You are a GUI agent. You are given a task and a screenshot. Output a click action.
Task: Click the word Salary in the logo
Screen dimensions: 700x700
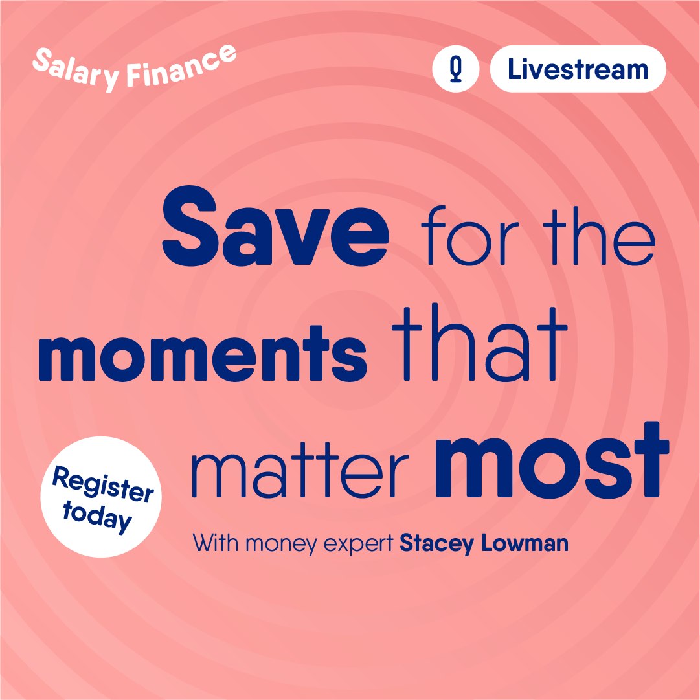click(x=76, y=69)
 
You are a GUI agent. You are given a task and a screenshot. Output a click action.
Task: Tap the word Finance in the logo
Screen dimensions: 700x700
click(x=181, y=66)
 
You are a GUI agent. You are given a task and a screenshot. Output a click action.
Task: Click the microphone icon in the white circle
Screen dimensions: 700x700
click(x=455, y=69)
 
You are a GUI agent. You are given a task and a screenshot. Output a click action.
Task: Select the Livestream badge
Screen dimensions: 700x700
click(x=578, y=69)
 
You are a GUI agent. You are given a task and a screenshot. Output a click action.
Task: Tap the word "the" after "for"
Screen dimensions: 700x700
click(x=599, y=236)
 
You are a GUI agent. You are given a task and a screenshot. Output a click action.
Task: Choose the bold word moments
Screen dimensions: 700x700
click(x=203, y=354)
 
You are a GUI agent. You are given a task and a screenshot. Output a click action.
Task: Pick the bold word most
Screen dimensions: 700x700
click(x=552, y=460)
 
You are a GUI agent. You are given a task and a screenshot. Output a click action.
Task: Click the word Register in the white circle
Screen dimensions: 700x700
click(x=103, y=484)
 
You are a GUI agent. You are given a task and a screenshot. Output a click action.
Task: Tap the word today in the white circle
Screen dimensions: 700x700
click(x=97, y=517)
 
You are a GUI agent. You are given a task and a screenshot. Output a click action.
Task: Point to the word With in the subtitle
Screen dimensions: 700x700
click(x=215, y=543)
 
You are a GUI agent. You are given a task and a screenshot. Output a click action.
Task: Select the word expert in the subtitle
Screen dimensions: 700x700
click(x=358, y=545)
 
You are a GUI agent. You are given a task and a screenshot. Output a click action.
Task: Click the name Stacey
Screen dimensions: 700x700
click(x=436, y=544)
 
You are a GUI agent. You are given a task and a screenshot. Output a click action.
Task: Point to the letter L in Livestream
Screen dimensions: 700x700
click(x=514, y=69)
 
